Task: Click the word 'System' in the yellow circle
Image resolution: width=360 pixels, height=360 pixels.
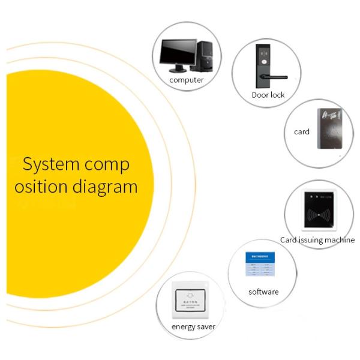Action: (x=46, y=164)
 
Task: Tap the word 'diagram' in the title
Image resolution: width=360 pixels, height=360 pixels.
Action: (x=106, y=187)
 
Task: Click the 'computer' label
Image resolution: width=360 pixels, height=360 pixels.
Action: (x=187, y=80)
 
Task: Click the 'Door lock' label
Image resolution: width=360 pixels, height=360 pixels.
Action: (x=268, y=95)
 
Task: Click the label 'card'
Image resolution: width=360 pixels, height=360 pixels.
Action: (x=302, y=131)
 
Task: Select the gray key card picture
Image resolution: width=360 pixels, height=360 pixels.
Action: (x=329, y=128)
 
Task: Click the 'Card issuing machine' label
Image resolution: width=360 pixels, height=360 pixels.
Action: (x=317, y=240)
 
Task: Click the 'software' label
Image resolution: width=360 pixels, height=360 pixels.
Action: (x=263, y=292)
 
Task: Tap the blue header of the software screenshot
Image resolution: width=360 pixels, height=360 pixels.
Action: (x=259, y=256)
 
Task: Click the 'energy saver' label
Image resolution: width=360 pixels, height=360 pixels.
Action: (x=193, y=327)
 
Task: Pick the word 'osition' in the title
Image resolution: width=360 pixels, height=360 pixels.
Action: (x=43, y=187)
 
